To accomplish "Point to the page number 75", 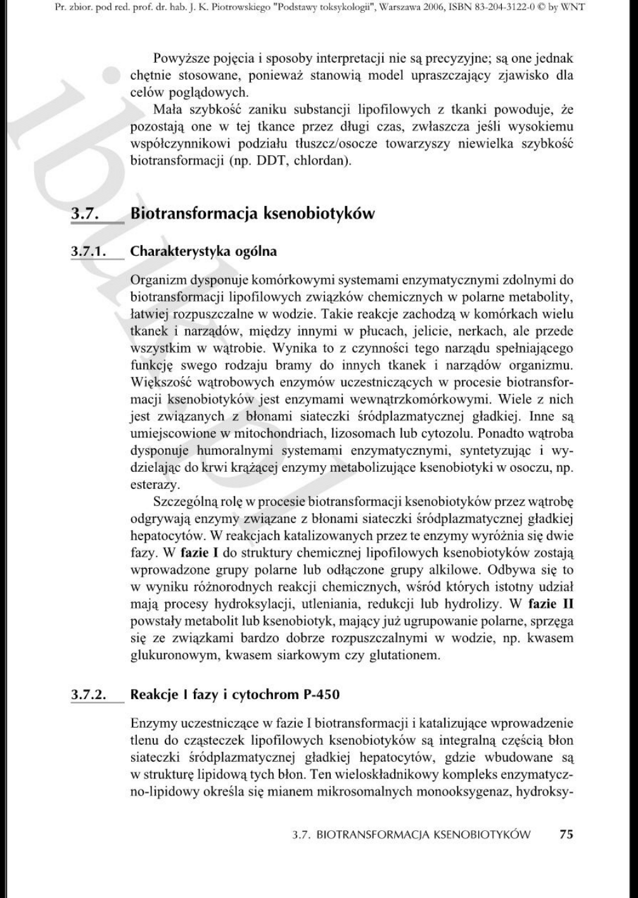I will click(566, 835).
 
